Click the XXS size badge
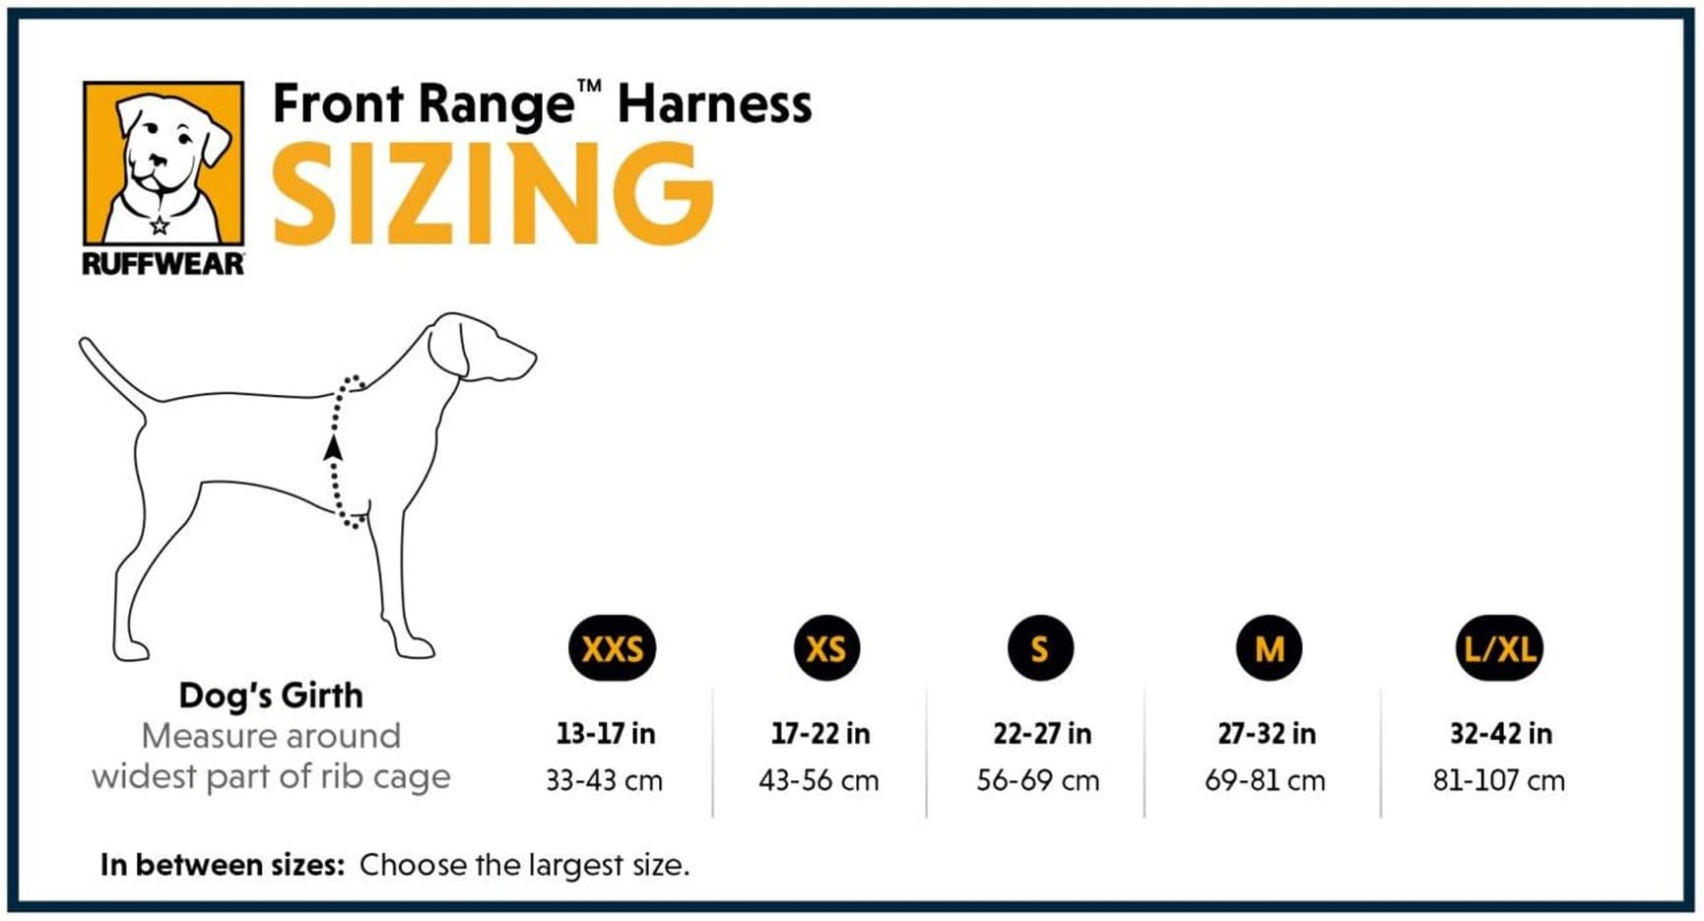click(x=612, y=648)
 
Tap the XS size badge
click(x=825, y=648)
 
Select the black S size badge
click(x=1039, y=648)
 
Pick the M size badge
click(x=1269, y=648)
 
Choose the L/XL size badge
click(x=1499, y=648)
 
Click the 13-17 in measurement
click(x=605, y=734)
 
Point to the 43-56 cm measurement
click(x=819, y=781)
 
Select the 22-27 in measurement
click(x=1041, y=734)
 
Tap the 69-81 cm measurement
click(x=1265, y=781)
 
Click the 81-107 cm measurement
click(x=1498, y=781)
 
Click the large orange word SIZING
click(x=492, y=194)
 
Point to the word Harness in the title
click(x=714, y=104)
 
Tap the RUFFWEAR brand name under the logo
click(x=164, y=264)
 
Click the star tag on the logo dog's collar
click(x=160, y=226)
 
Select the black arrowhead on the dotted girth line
click(x=334, y=448)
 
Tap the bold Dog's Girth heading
click(x=271, y=695)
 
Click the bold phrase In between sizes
click(x=222, y=865)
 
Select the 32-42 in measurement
click(x=1500, y=734)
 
